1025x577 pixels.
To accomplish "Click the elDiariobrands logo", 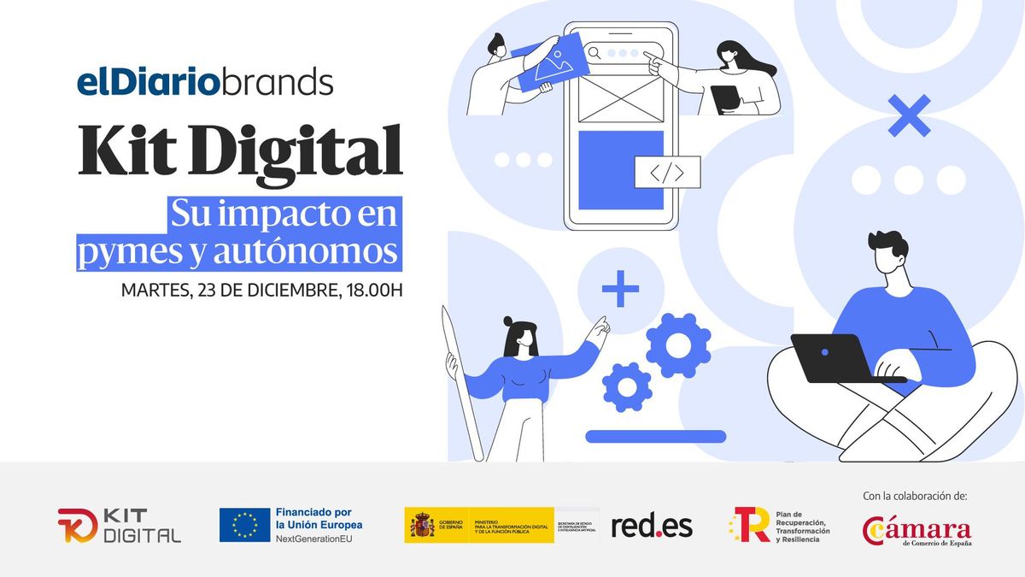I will pos(205,83).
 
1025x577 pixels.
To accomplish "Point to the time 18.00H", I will pos(374,289).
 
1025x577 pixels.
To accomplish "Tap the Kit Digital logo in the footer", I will pos(120,525).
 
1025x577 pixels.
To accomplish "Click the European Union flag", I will pos(244,525).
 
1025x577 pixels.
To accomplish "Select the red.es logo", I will pos(652,526).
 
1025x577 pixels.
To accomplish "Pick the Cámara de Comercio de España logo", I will pos(917,530).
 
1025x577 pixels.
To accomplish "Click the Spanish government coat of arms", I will pos(422,525).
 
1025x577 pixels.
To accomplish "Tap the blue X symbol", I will pos(909,116).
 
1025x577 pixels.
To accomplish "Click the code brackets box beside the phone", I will pos(667,173).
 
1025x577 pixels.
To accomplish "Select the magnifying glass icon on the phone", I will pos(594,53).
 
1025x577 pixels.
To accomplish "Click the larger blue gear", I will pos(678,345).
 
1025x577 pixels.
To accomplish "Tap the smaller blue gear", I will pos(627,387).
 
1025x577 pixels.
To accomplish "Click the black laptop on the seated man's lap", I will pos(833,357).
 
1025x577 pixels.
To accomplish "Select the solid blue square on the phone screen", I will pos(621,169).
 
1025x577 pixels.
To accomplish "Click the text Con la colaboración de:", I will pos(916,496).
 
